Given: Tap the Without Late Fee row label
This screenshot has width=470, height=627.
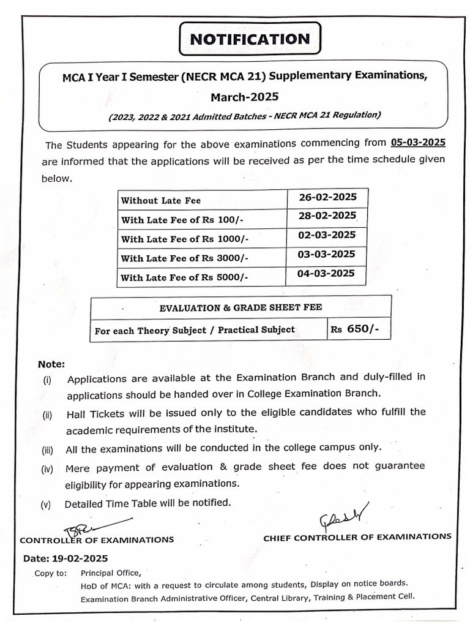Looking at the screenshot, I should (x=161, y=200).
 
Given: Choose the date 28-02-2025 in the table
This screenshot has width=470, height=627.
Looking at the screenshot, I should (x=326, y=216).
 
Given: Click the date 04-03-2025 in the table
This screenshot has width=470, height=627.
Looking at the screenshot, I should (x=326, y=273).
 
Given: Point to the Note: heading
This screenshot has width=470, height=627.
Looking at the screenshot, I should (x=51, y=364).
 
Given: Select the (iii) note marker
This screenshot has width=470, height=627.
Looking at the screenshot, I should (x=48, y=450).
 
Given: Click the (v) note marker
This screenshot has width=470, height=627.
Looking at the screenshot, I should (x=46, y=505).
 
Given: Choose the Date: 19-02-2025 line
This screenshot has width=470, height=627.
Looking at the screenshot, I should (x=65, y=558).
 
